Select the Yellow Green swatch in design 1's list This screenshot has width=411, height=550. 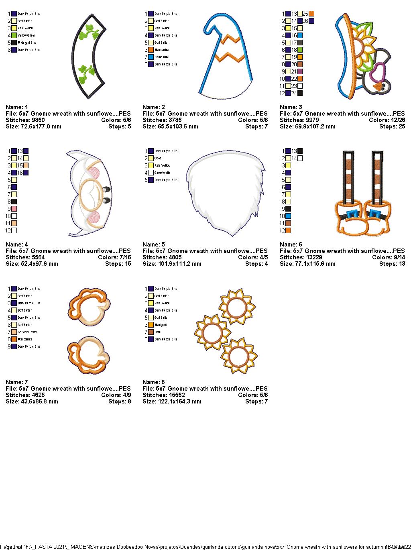pos(14,35)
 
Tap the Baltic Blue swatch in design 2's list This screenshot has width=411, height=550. pos(151,57)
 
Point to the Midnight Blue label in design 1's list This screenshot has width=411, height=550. pos(27,43)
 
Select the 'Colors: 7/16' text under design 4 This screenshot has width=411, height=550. pos(114,257)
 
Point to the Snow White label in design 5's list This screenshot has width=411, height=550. pos(163,173)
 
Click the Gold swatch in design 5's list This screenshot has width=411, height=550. pos(151,158)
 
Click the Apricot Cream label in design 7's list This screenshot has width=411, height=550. pos(27,332)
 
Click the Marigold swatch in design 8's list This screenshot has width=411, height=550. pos(151,325)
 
